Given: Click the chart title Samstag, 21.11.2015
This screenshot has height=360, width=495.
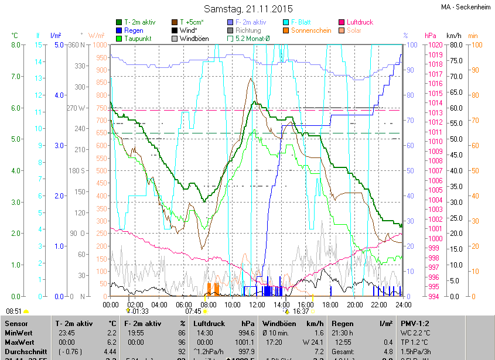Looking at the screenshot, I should tap(248, 9).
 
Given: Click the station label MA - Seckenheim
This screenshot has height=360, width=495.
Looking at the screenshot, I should tap(465, 7).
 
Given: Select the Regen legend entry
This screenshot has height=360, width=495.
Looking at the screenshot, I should tap(133, 30).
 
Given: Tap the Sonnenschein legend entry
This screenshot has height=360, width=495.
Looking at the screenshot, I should tap(310, 30).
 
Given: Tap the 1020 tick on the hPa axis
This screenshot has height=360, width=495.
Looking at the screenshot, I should tap(435, 45).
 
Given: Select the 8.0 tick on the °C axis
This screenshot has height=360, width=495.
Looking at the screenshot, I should tap(16, 45).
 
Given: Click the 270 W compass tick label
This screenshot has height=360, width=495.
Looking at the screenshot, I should tap(78, 108).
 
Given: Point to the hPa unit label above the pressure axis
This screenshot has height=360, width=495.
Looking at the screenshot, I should tap(431, 35).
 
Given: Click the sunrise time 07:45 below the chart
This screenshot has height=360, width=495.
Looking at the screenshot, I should tap(193, 311).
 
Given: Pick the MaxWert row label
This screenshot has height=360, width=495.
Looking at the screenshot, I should tap(19, 342).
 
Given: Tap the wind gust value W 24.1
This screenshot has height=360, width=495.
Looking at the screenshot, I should tap(313, 342).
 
